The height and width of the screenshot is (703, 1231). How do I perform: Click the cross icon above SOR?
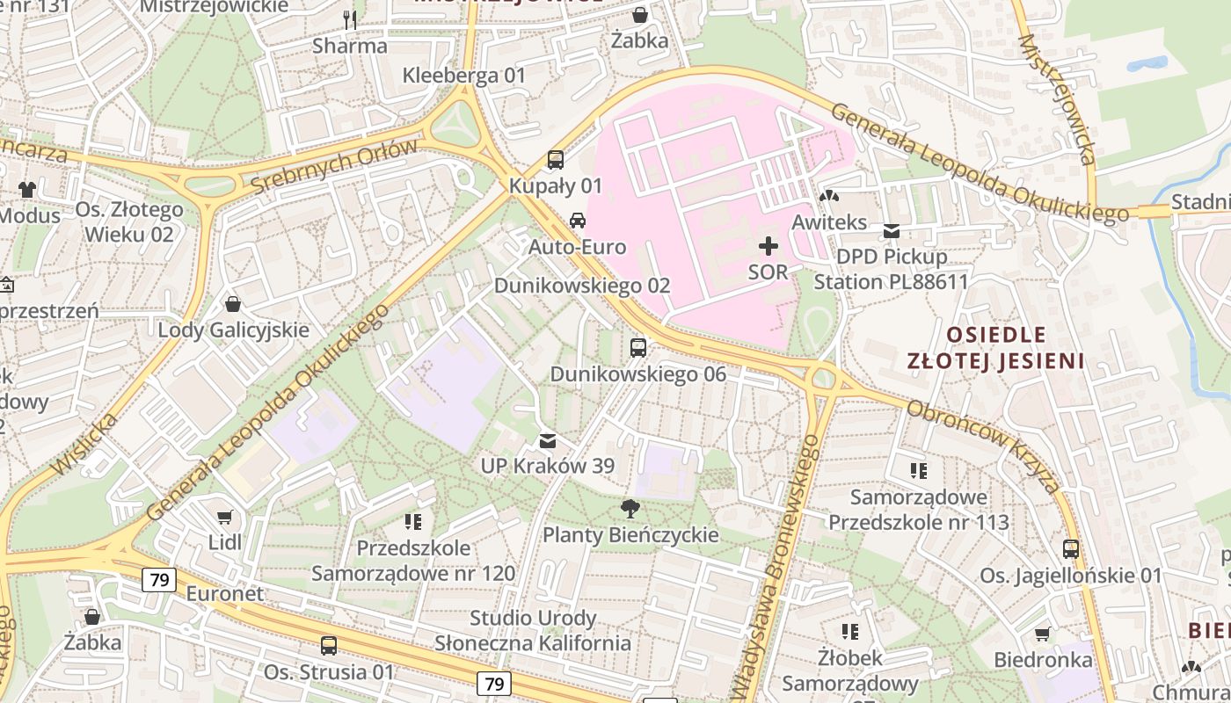[768, 246]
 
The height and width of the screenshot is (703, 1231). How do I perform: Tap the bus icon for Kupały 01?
[556, 160]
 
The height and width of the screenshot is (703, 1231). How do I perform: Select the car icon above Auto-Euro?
[578, 221]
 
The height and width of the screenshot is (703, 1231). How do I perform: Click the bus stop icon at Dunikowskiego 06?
[638, 348]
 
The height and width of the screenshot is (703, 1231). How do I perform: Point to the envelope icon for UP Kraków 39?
[548, 440]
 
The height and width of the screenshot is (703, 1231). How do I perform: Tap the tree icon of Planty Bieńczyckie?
[630, 507]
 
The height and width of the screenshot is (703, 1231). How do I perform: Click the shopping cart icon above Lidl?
[225, 517]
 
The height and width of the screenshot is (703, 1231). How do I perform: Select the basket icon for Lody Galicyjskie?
[233, 304]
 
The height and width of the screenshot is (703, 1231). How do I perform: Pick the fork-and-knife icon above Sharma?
[350, 19]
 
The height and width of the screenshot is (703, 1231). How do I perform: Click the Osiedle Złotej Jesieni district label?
[996, 347]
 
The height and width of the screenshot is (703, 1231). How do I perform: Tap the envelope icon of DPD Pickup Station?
[892, 231]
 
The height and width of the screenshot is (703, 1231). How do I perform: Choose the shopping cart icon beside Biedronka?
[1043, 634]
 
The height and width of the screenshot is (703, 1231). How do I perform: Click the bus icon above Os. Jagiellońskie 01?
[1071, 549]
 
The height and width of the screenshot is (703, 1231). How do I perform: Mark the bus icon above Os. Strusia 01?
[329, 646]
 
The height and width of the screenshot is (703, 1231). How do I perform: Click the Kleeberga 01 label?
[463, 76]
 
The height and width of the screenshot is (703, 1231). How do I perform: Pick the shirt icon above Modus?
[27, 189]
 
